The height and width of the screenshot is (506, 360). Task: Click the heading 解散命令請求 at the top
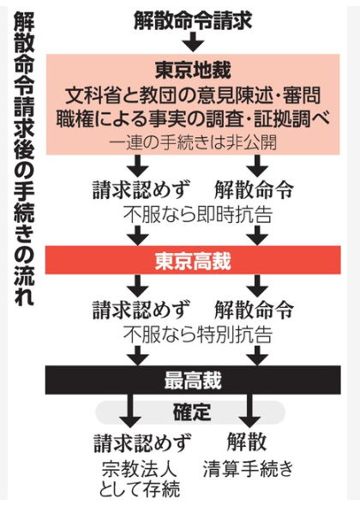point(193,21)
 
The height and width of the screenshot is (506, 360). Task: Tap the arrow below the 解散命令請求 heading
point(193,42)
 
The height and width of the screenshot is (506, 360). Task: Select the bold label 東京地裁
point(193,70)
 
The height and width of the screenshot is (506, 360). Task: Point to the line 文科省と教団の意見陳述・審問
point(193,95)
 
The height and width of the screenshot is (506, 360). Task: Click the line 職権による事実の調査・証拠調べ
point(193,119)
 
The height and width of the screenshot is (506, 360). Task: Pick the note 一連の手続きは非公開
point(193,142)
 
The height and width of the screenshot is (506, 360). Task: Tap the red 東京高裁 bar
point(193,260)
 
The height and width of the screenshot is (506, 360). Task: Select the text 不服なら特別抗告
point(197,334)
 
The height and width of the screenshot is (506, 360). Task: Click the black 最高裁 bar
point(193,380)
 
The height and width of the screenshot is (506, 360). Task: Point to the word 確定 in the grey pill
point(192,412)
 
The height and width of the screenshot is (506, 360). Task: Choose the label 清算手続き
point(248,468)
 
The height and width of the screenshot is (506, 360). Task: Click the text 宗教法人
point(140,469)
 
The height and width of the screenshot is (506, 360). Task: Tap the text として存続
point(140,489)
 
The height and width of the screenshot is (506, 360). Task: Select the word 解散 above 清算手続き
point(247,442)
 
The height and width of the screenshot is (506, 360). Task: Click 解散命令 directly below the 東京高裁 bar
point(255,309)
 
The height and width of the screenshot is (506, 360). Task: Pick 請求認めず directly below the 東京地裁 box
point(141,190)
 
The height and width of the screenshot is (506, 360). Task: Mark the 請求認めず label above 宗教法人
point(142,443)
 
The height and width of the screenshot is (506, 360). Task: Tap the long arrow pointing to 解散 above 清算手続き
point(249,410)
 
